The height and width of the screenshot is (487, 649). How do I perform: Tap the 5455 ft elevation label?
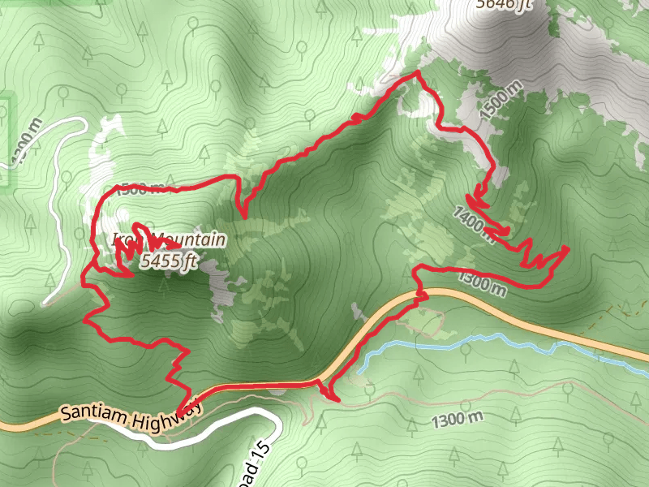point(169,261)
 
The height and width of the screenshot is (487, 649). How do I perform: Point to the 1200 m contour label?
point(24,142)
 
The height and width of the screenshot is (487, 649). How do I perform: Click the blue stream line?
point(487,345)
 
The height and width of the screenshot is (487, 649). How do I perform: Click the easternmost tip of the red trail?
point(568,247)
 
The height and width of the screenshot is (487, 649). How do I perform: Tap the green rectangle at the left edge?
point(6,142)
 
